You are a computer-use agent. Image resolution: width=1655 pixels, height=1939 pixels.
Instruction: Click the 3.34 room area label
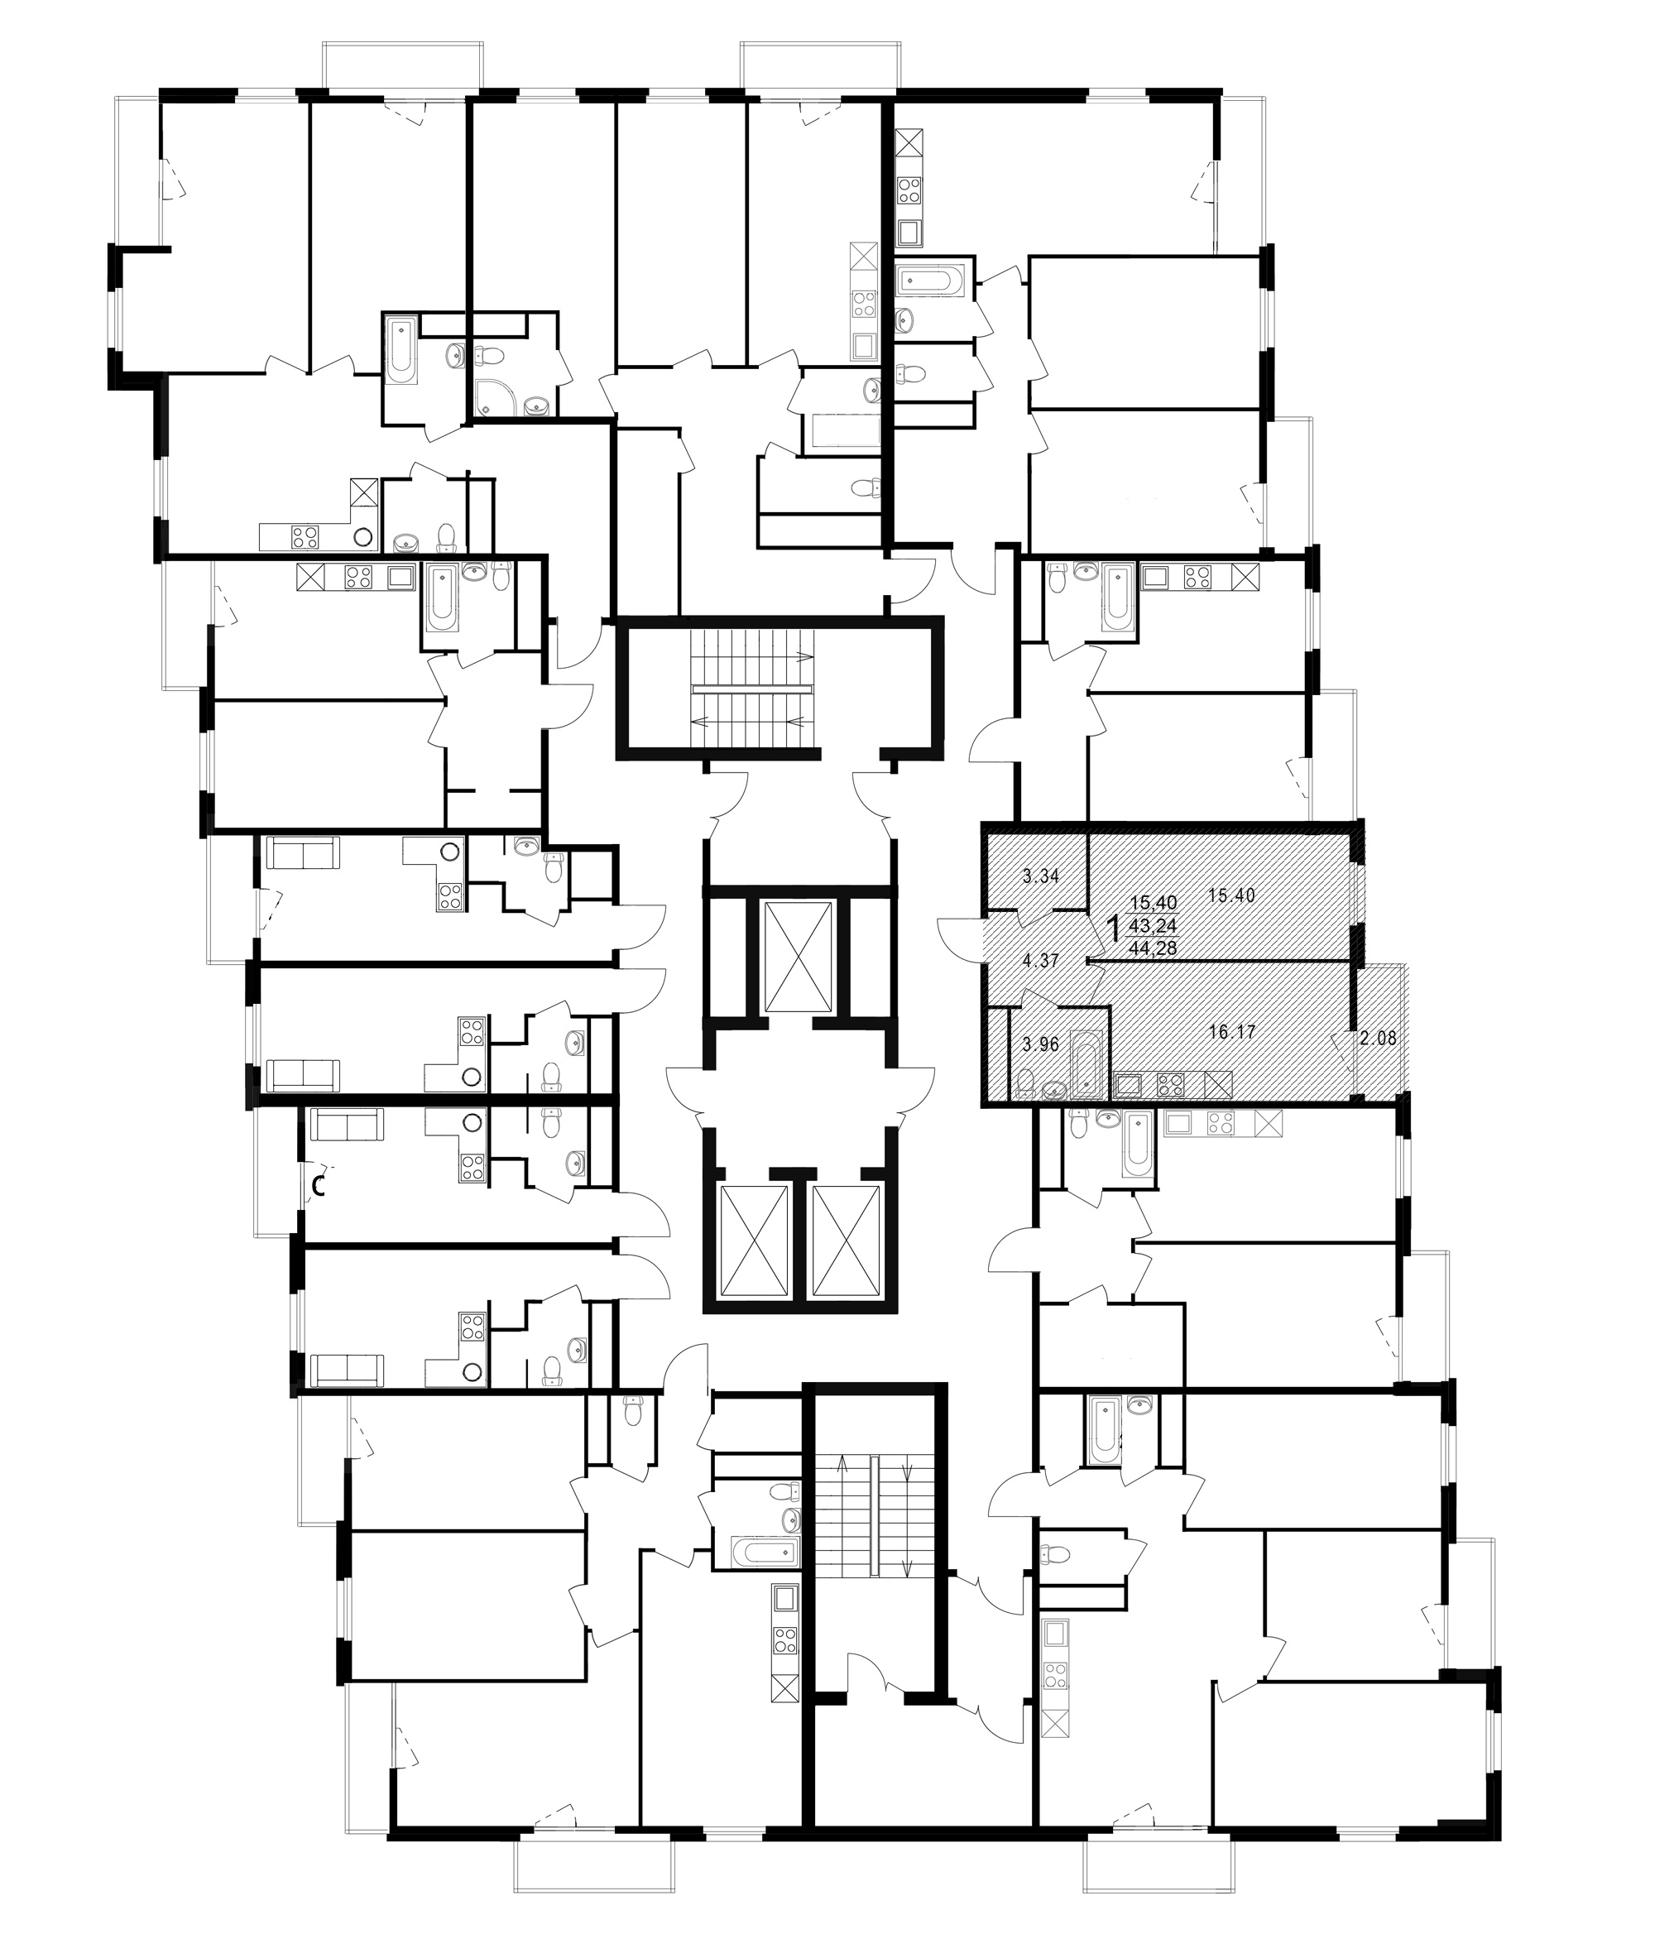(1039, 877)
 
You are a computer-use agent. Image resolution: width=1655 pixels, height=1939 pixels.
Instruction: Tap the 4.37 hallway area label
(1039, 960)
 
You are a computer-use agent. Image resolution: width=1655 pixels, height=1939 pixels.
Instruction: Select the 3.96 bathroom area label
(1039, 1044)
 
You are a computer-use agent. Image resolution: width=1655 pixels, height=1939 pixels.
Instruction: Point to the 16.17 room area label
(1231, 1032)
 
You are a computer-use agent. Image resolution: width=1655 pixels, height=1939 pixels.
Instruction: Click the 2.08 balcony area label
(1378, 1038)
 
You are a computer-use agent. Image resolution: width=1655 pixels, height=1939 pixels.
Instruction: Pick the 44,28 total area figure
(1154, 948)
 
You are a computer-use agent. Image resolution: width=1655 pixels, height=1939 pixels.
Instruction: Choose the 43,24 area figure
(1154, 925)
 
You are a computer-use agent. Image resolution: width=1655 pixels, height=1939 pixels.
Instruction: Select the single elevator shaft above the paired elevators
(797, 958)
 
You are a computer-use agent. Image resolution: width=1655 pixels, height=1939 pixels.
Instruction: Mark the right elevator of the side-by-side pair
(846, 1241)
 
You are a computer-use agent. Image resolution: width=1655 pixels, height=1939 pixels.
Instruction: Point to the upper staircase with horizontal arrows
(753, 689)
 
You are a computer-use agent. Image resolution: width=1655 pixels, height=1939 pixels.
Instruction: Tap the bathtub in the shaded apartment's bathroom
(1087, 1063)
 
